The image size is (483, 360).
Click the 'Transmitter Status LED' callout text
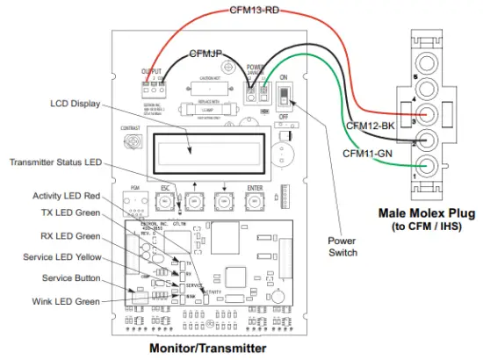point(54,162)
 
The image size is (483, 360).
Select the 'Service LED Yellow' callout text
point(61,257)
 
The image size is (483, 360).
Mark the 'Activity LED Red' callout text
point(68,196)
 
